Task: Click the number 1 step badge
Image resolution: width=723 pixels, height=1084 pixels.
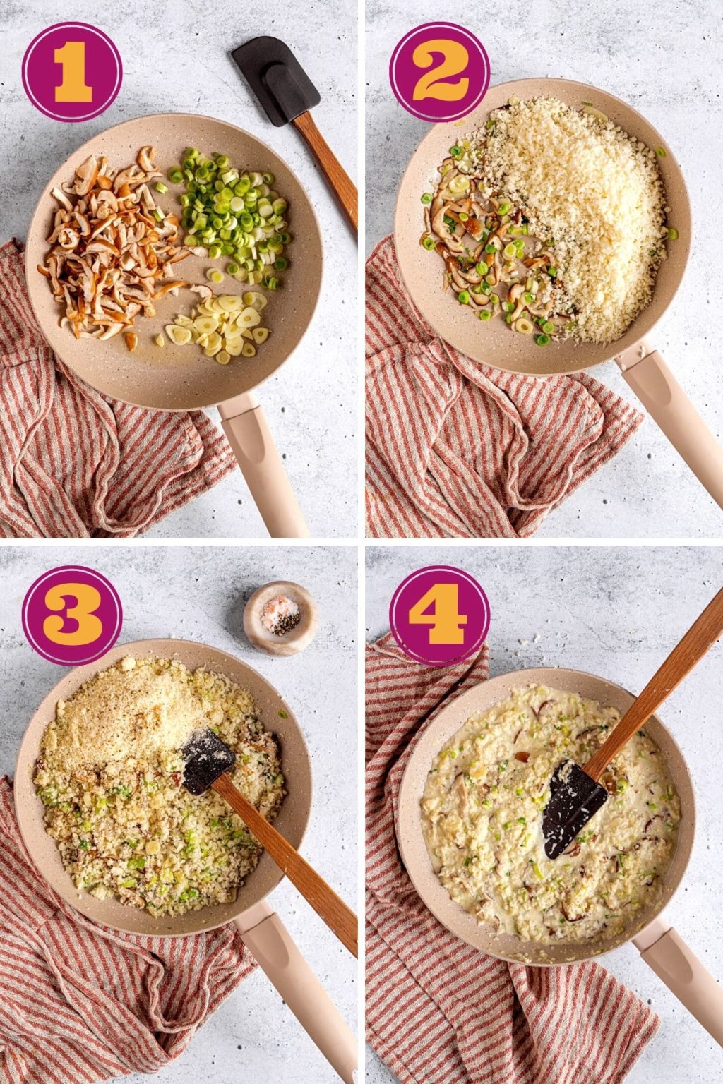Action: [72, 72]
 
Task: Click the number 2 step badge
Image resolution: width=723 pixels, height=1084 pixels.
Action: [439, 72]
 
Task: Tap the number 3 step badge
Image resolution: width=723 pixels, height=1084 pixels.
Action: [72, 615]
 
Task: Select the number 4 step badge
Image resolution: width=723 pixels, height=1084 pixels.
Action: [439, 615]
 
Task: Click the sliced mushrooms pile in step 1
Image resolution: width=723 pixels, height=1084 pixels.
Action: [106, 243]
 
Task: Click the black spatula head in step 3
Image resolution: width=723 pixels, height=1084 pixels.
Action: [208, 761]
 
